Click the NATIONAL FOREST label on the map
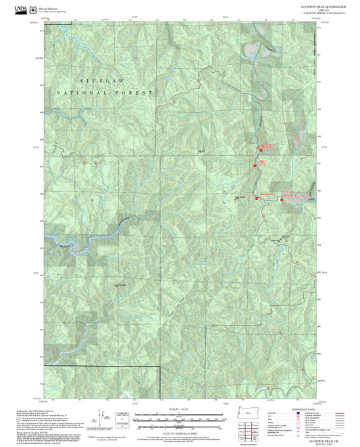(105, 92)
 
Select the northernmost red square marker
(263, 147)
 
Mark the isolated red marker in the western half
(83, 163)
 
